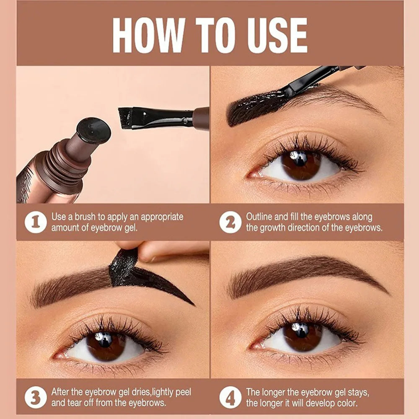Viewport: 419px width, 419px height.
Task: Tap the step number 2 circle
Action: click(x=230, y=222)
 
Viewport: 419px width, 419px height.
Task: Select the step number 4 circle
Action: click(x=230, y=397)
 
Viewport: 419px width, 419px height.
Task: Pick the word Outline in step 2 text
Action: click(x=260, y=217)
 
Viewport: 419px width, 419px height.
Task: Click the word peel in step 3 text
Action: click(x=183, y=392)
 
